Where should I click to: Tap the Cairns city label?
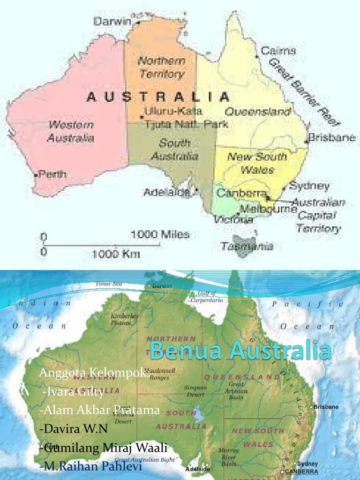coord(278,51)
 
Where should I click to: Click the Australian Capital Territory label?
coord(319,216)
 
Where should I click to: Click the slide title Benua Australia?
coord(240,351)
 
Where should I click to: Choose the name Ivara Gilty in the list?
coord(73,392)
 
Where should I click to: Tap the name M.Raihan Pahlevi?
coord(91,467)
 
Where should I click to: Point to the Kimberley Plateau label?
coord(124,319)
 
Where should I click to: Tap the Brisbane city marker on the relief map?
coord(312,407)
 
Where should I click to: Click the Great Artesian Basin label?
coord(236,390)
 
